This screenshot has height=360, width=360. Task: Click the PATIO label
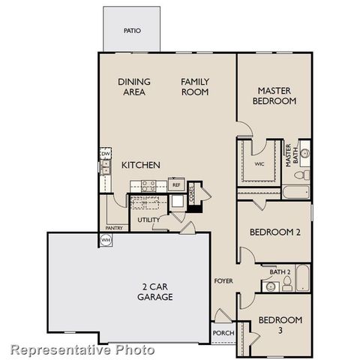point(131,31)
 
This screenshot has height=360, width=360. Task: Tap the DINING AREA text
point(134,87)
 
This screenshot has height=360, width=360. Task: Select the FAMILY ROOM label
point(194,87)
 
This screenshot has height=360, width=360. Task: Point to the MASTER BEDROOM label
point(273,95)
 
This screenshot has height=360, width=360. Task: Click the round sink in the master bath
point(304,152)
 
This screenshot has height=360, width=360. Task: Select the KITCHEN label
point(139,164)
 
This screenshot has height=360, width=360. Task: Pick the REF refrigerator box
point(176,184)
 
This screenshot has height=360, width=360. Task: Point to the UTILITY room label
point(147,219)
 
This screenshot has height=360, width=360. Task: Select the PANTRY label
point(114,227)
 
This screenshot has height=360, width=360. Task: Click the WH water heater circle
point(106,240)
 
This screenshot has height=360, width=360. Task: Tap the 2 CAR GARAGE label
point(154,291)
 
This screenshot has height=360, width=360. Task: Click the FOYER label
point(223,281)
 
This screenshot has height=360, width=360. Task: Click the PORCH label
point(221,332)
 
